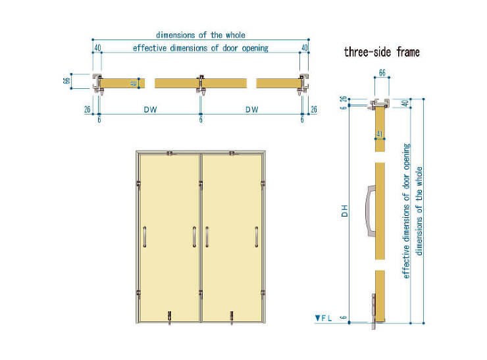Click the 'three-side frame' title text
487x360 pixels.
(382, 52)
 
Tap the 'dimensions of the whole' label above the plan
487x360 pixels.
(201, 35)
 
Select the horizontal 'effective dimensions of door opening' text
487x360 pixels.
(201, 48)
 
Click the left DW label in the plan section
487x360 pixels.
(150, 109)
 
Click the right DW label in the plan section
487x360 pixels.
(252, 109)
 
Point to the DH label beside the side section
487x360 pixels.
(344, 211)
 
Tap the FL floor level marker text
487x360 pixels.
(324, 318)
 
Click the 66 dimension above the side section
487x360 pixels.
(382, 72)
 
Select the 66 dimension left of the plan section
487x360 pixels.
(66, 81)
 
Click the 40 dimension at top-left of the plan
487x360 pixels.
(97, 47)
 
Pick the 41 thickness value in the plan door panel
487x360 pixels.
(134, 83)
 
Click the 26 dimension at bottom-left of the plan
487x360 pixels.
(88, 109)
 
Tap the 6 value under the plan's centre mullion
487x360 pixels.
(201, 119)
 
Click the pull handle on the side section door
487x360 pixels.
(371, 211)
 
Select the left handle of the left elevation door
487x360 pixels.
(144, 237)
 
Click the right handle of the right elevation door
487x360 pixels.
(257, 237)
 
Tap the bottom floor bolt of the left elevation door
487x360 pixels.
(169, 317)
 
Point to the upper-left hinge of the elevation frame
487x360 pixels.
(138, 185)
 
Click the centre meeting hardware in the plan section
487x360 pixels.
(201, 84)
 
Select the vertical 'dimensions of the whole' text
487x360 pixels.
(419, 211)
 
